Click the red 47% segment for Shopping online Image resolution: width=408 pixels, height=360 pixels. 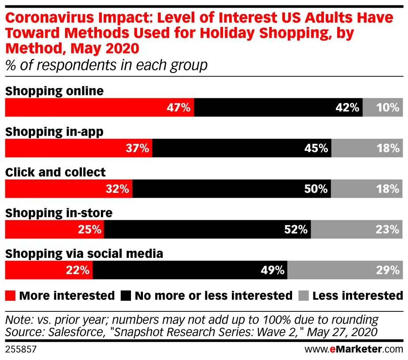(x=99, y=107)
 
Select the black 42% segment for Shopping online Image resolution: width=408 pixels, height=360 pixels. (x=278, y=107)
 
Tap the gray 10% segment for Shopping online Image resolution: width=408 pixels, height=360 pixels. (x=383, y=107)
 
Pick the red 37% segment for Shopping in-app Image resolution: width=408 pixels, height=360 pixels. (x=78, y=148)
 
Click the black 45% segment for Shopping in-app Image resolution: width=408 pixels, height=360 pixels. (x=242, y=148)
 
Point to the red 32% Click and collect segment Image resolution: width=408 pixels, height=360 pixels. (x=68, y=189)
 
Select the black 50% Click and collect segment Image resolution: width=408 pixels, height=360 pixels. (x=231, y=189)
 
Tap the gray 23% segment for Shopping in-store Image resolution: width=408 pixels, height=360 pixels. (x=357, y=230)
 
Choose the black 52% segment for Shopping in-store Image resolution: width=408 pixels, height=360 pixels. (x=207, y=230)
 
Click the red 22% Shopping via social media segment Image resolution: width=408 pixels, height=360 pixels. (x=49, y=270)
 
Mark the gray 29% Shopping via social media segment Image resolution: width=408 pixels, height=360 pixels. (x=345, y=270)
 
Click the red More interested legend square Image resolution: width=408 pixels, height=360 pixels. (x=10, y=295)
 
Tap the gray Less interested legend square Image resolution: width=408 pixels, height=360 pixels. (x=303, y=295)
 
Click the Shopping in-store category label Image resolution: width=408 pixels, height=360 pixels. (x=58, y=213)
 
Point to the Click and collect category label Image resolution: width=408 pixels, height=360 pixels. (x=55, y=172)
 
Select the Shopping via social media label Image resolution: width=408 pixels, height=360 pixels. (x=84, y=254)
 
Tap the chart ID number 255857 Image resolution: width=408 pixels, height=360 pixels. (x=20, y=349)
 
